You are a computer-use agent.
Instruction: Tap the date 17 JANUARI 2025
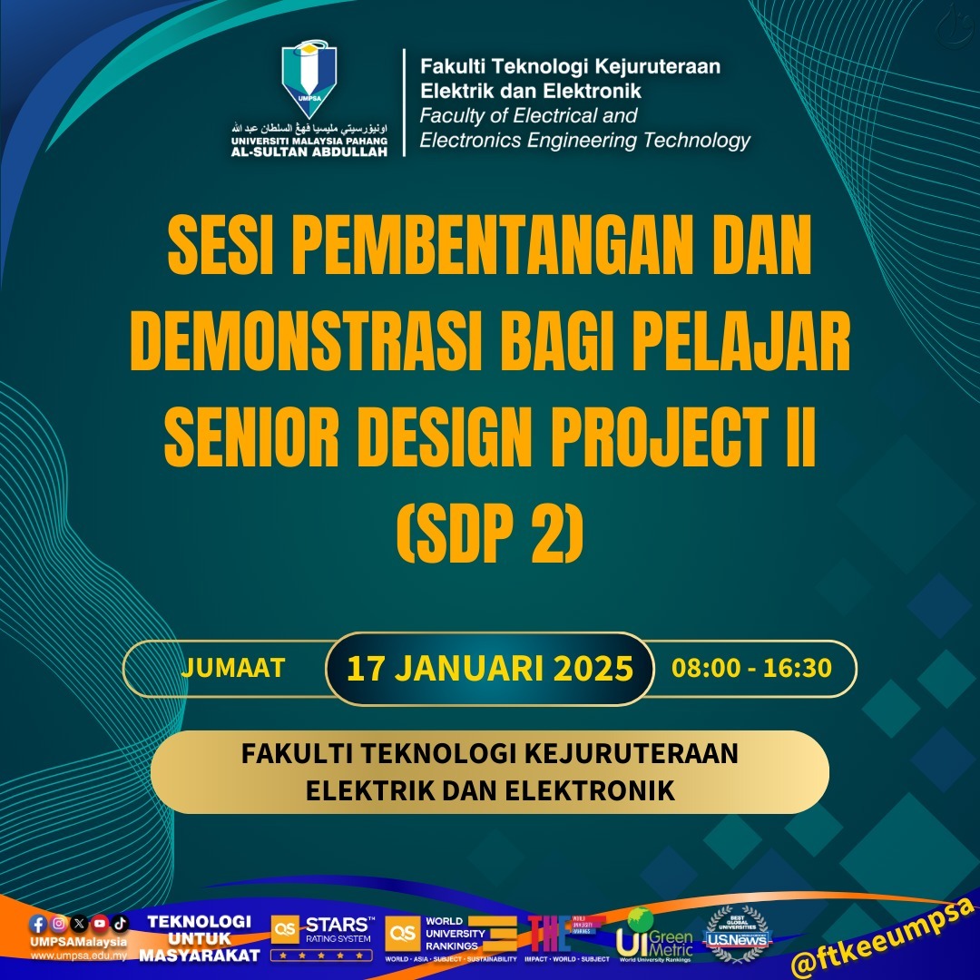tap(489, 669)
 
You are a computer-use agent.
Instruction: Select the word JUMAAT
tap(233, 668)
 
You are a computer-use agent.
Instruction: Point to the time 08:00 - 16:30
tap(751, 668)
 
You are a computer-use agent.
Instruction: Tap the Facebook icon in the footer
tap(37, 924)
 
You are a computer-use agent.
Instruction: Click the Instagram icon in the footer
tap(58, 924)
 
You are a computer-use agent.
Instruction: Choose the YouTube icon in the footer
tap(100, 924)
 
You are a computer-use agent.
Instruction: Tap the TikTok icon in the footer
tap(120, 924)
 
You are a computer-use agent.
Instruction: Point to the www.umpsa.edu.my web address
tap(78, 956)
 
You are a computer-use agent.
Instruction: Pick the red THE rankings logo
tap(555, 933)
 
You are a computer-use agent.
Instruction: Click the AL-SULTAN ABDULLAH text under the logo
tap(309, 152)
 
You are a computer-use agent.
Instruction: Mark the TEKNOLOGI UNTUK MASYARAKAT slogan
tap(200, 938)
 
